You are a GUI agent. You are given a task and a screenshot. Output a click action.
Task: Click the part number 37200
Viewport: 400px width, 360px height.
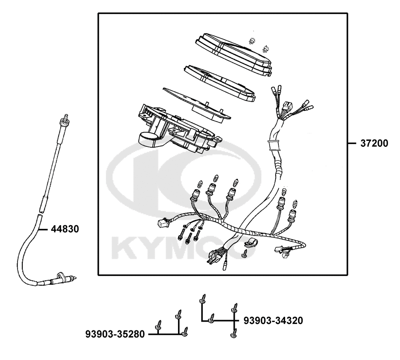click(374, 143)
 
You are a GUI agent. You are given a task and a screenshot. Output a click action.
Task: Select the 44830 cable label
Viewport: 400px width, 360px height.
click(64, 229)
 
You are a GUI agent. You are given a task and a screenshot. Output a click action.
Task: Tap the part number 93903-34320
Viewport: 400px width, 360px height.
click(273, 320)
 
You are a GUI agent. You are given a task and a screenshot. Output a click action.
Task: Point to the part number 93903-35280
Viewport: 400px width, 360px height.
click(115, 334)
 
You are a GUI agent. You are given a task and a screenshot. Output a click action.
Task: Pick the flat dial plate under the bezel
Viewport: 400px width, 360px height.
click(196, 102)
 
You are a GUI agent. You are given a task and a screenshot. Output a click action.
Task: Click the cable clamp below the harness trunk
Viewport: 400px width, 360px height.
click(250, 242)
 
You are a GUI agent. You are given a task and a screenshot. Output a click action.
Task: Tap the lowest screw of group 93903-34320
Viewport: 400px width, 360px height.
click(234, 332)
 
